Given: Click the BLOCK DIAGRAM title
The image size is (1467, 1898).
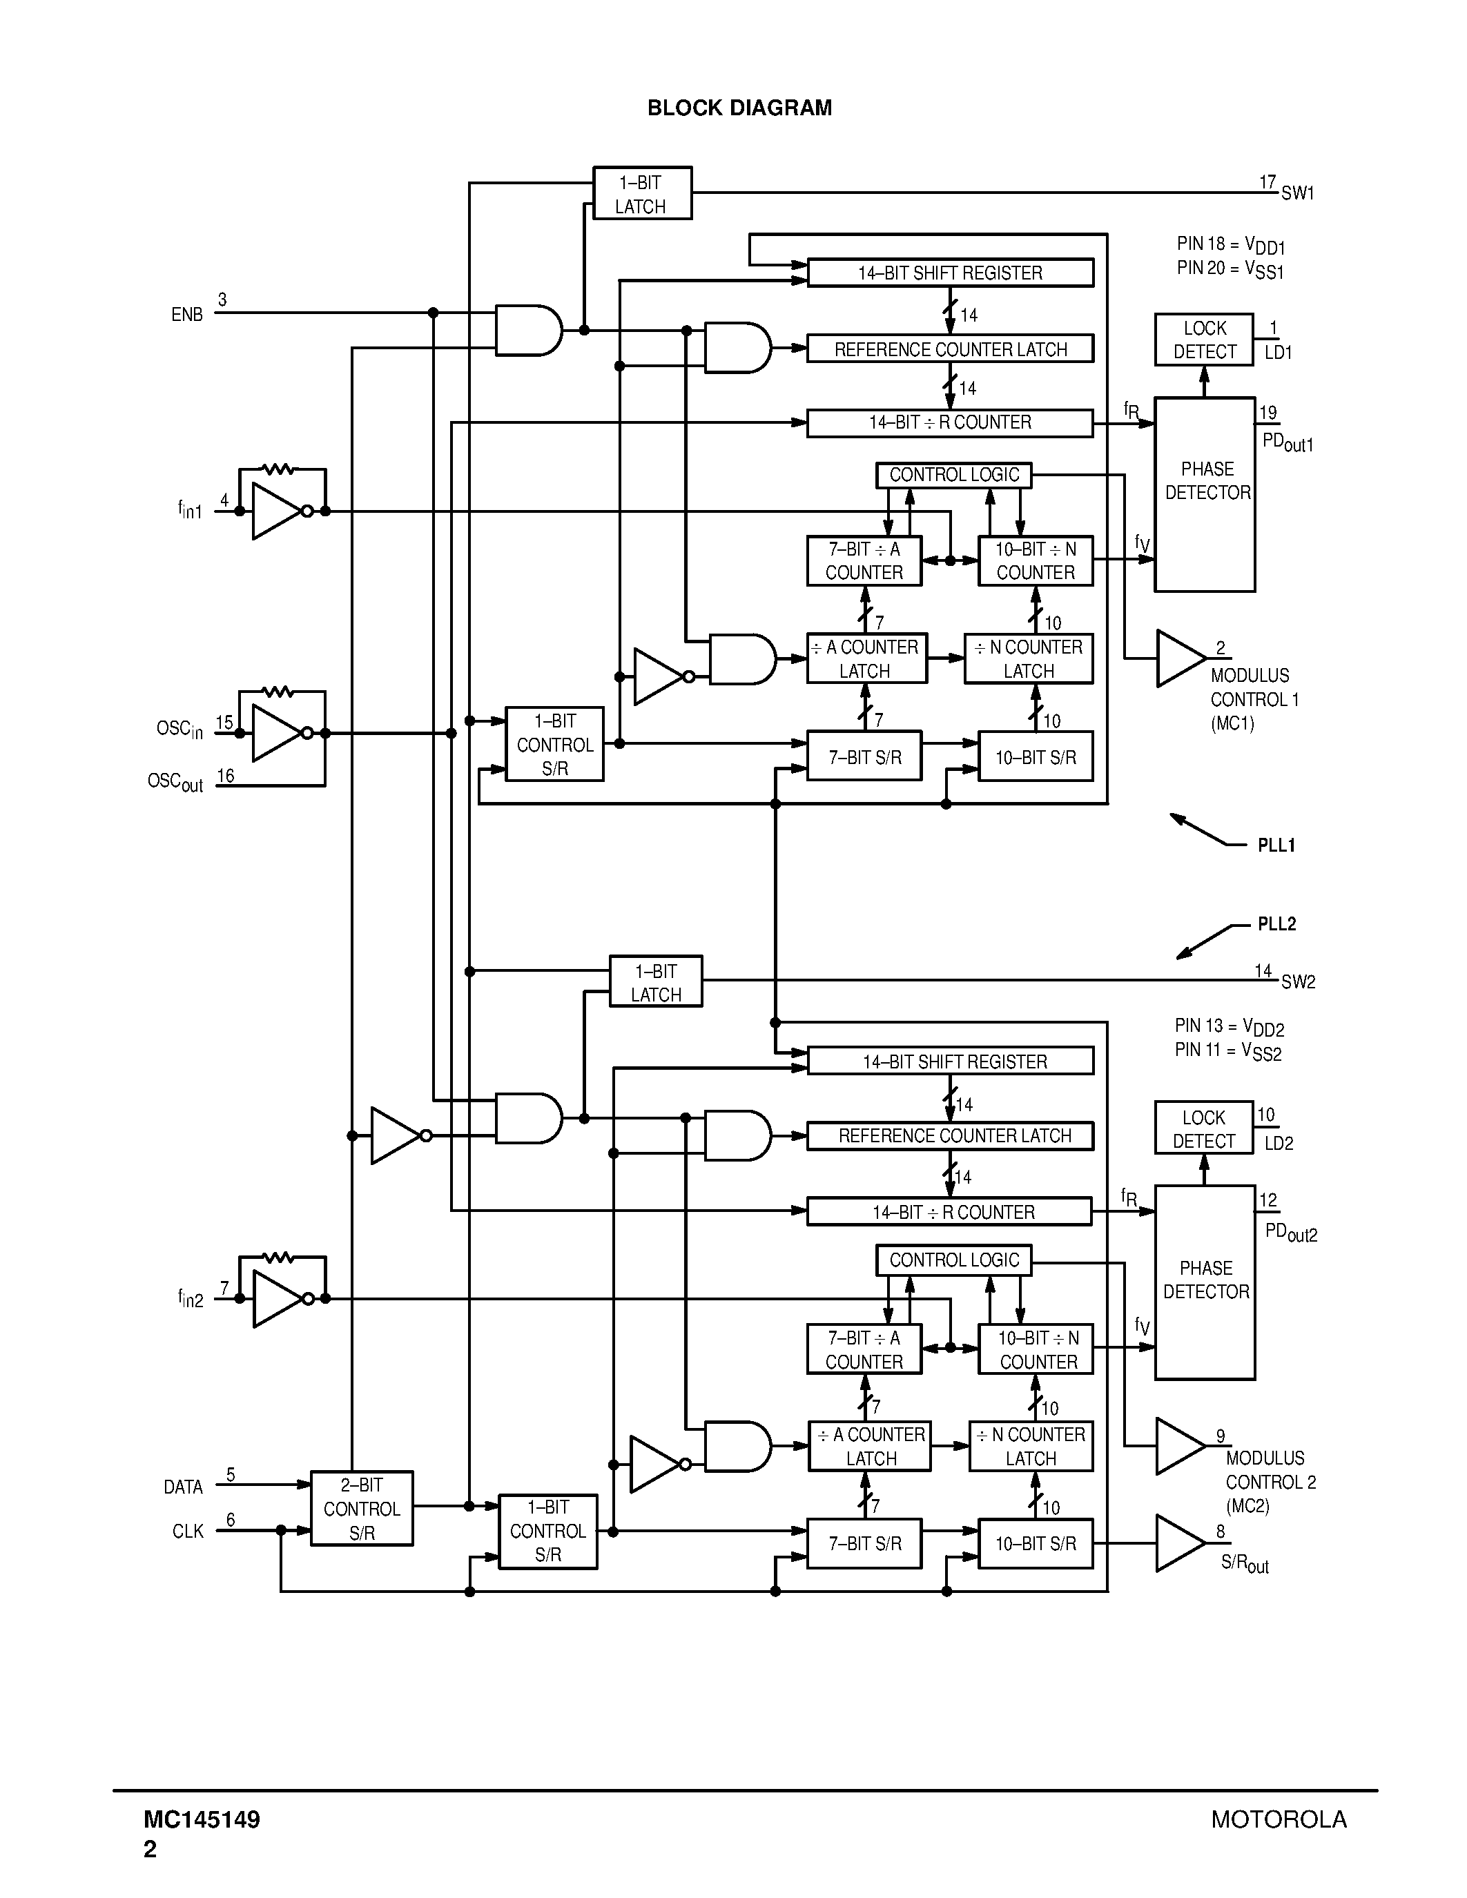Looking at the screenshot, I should point(739,108).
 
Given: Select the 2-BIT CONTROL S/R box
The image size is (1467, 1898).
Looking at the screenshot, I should point(362,1509).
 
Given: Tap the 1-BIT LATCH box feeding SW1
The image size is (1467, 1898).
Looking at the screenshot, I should point(641,194).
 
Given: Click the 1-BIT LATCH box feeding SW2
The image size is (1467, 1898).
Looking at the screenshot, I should point(655,982).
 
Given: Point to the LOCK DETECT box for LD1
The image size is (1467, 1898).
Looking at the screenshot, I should point(1204,340).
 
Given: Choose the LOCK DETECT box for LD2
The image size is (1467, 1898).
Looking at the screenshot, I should point(1204,1128).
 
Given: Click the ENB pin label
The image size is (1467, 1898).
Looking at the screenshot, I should point(187,315).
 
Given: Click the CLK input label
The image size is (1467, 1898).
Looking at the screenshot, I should point(188,1532).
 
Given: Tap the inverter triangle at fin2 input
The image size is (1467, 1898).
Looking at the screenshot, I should point(275,1298).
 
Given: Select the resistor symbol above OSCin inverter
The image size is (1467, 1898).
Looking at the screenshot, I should point(278,692).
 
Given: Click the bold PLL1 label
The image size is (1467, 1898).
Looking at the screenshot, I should point(1276,845).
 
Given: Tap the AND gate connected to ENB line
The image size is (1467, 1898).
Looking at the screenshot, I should point(527,330).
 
